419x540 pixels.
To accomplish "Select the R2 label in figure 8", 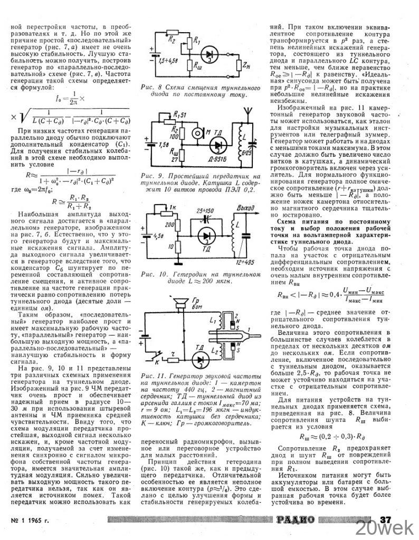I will point(170,39).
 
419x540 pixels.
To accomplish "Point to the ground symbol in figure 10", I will point(179,262).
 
